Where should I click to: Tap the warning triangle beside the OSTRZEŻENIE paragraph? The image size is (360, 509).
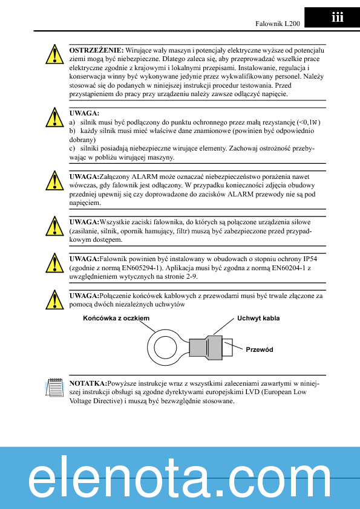click(54, 54)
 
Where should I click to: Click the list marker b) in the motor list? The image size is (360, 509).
click(73, 131)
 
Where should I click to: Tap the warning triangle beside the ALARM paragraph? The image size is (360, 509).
click(54, 181)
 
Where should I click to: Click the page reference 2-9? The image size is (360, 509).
click(190, 276)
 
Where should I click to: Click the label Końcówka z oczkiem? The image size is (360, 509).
click(116, 317)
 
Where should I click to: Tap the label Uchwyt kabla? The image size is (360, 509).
click(258, 318)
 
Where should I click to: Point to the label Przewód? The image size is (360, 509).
click(260, 349)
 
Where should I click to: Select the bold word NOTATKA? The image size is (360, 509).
click(88, 383)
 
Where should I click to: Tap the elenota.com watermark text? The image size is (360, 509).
click(180, 482)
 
